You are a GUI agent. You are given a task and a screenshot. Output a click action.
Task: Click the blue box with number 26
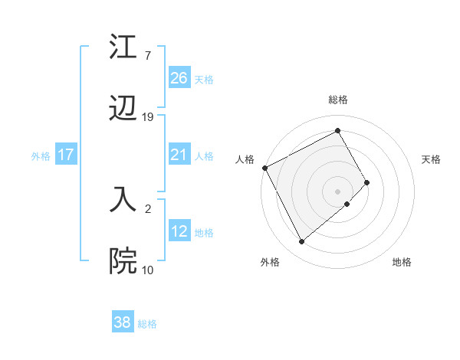coord(179,77)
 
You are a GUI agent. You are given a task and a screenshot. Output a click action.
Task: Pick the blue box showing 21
coord(179,155)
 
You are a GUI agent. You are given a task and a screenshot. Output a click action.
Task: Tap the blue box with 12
coord(179,231)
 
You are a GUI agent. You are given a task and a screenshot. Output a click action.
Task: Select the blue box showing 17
coord(66,155)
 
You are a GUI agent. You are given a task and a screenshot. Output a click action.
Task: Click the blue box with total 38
coord(123,322)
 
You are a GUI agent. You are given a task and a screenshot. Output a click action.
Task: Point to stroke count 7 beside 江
coord(147,56)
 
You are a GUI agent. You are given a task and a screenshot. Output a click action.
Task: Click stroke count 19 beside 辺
coord(148,117)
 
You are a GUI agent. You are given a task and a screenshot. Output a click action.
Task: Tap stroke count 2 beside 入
coord(148,208)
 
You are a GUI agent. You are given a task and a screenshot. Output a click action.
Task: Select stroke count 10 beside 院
coord(148,270)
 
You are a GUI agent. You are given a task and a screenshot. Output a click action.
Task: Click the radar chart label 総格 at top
coord(337,100)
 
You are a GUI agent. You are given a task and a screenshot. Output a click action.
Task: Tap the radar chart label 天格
coord(432,159)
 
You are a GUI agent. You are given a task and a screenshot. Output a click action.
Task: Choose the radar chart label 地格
coord(402,262)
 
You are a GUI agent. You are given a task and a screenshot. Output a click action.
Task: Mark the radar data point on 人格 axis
coord(264,168)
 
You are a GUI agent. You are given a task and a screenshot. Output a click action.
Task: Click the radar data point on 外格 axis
coord(301,242)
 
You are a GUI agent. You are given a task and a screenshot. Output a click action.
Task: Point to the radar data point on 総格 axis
coord(337,131)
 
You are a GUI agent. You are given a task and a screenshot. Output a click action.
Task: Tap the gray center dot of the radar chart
coord(337,191)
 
